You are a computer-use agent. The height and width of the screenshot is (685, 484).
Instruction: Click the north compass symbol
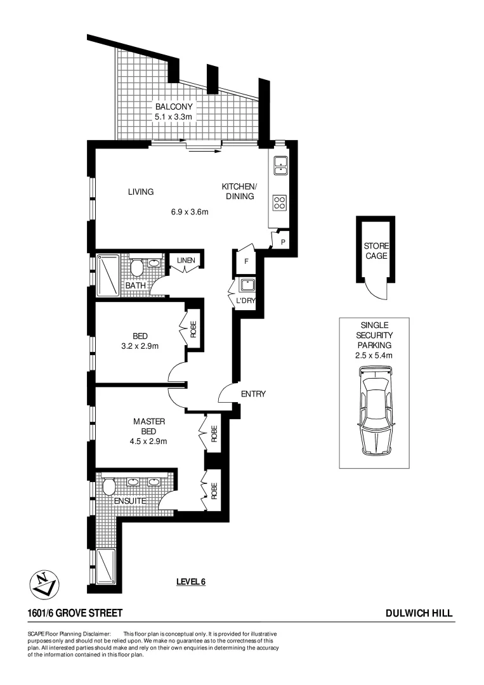pyautogui.click(x=44, y=582)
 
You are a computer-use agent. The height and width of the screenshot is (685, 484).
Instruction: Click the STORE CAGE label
pyautogui.click(x=376, y=251)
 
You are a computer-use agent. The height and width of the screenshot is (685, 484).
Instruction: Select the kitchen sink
pyautogui.click(x=280, y=166)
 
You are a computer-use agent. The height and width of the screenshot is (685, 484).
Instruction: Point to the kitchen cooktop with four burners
pyautogui.click(x=280, y=203)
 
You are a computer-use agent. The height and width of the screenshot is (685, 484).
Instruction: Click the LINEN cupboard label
pyautogui.click(x=185, y=261)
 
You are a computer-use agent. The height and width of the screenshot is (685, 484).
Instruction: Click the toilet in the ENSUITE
pyautogui.click(x=108, y=488)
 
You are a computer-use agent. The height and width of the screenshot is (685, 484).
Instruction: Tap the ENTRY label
pyautogui.click(x=253, y=394)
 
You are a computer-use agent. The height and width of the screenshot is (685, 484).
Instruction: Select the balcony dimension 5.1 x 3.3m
pyautogui.click(x=173, y=117)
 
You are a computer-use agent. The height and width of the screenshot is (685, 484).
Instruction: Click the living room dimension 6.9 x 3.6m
pyautogui.click(x=190, y=212)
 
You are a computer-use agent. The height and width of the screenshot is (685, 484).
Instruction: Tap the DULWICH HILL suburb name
pyautogui.click(x=419, y=613)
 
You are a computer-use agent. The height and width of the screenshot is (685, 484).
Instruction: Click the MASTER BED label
pyautogui.click(x=150, y=426)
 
